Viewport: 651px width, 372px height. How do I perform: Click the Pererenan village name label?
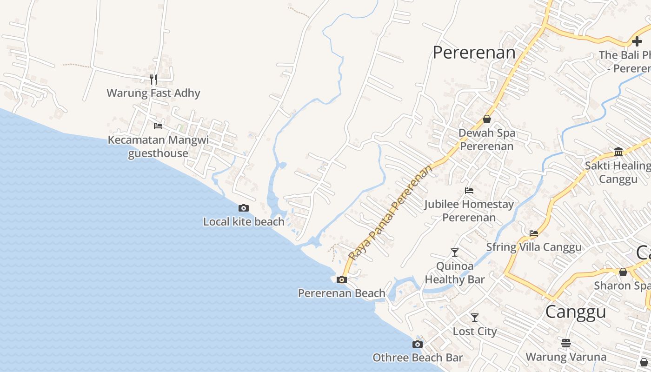click(474, 53)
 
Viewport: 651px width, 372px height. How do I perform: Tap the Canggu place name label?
click(575, 312)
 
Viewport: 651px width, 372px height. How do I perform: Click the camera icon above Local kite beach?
click(244, 208)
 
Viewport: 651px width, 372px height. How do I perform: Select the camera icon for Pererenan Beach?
click(342, 279)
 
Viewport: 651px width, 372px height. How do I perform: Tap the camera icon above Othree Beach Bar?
click(418, 344)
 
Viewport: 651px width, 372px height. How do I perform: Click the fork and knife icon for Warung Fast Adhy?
click(153, 80)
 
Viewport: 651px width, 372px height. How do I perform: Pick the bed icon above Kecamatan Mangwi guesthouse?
click(158, 126)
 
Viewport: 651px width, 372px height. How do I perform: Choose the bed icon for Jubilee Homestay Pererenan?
click(469, 191)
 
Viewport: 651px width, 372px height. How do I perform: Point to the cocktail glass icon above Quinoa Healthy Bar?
click(455, 252)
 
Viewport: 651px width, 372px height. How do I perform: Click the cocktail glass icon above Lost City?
click(475, 318)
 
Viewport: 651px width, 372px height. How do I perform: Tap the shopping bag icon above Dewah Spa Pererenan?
click(486, 119)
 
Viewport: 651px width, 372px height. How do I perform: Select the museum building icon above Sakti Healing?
click(618, 152)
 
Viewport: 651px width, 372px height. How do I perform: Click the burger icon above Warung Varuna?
click(566, 343)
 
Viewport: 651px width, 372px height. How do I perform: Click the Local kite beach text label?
click(244, 222)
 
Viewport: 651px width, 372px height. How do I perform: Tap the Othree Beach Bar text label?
click(418, 358)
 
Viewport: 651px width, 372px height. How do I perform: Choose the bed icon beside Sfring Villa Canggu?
click(534, 233)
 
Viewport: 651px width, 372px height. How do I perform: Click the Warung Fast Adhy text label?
click(153, 93)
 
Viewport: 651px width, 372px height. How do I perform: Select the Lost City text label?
click(475, 332)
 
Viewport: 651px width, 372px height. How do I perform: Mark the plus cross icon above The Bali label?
click(637, 42)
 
